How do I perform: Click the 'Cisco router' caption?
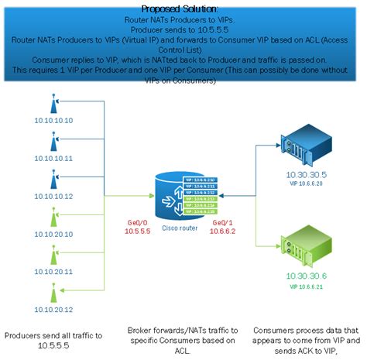tap(183, 228)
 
